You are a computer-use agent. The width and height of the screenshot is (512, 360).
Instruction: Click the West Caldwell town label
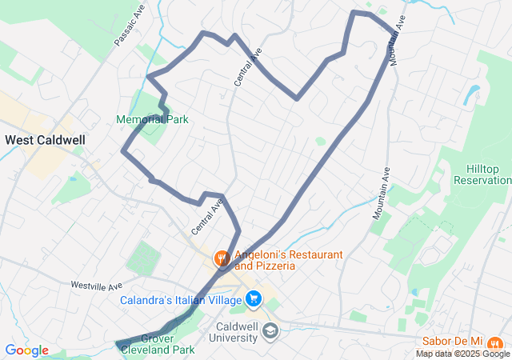(46, 139)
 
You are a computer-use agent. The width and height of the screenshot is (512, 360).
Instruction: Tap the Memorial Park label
(152, 119)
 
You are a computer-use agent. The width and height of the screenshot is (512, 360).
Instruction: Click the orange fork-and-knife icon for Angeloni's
(221, 258)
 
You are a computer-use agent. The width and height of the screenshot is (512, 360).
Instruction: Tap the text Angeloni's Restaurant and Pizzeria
(288, 260)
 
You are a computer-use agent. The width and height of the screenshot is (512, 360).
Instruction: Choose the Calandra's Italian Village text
(181, 301)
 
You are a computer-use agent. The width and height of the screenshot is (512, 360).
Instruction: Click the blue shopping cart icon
(254, 299)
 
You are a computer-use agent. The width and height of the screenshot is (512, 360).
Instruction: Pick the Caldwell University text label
(237, 332)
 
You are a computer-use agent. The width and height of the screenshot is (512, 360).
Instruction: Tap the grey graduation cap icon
(271, 330)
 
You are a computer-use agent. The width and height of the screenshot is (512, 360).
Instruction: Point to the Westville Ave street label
(96, 285)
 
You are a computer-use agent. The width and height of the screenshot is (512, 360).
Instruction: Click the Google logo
(26, 350)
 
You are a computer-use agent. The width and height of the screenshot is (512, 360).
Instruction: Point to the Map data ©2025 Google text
(462, 354)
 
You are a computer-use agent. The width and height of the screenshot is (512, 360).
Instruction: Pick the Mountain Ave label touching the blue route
(397, 44)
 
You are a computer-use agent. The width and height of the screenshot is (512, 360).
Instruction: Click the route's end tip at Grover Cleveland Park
(118, 345)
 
